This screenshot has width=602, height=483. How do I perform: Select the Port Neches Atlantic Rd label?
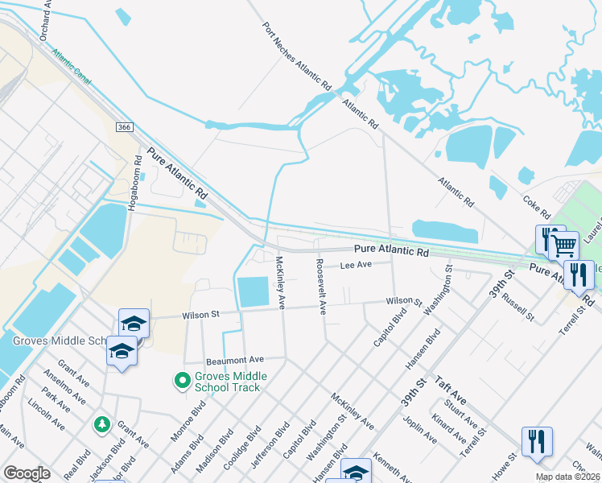[297, 55]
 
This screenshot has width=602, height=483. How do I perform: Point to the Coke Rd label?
[535, 204]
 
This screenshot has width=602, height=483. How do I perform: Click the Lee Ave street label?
[355, 265]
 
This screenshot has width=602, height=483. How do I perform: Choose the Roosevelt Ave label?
[320, 287]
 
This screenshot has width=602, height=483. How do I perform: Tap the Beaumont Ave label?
[234, 359]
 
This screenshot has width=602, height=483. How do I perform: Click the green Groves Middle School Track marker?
[183, 379]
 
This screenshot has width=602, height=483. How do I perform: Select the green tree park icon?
[101, 423]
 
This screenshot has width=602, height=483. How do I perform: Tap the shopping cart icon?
[563, 245]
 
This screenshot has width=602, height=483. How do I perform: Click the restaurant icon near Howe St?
[536, 442]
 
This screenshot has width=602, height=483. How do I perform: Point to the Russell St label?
[517, 308]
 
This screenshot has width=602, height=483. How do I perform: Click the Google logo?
[27, 473]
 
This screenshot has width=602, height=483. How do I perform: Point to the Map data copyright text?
[568, 477]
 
